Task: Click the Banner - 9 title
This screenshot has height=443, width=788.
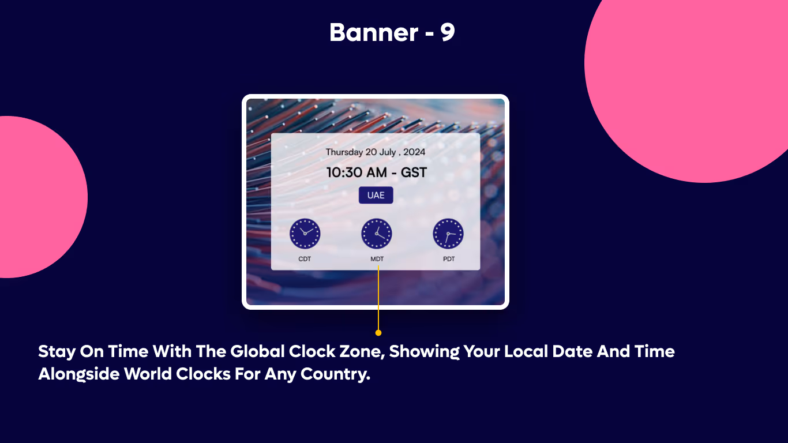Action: coord(392,33)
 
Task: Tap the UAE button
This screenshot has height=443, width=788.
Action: coord(376,195)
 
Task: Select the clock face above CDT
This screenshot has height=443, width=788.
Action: coord(305,234)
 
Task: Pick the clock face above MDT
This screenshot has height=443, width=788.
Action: coord(377,234)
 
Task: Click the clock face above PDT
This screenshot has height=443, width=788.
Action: coord(448,234)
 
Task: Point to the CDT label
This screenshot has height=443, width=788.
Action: coord(305,259)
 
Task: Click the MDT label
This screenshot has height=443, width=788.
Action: coord(377,259)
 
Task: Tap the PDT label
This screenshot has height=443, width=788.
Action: coord(449,259)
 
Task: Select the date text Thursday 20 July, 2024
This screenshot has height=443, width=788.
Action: coord(376,152)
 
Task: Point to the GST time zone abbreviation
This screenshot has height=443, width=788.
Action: coord(414,172)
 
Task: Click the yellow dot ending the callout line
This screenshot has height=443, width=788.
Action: coord(378,333)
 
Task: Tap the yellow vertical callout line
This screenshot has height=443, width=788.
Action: coord(378,300)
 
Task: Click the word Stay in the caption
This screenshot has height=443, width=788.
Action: coord(56,351)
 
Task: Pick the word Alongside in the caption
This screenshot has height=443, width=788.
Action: coord(79,374)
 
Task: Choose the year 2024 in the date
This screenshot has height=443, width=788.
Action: coord(414,152)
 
